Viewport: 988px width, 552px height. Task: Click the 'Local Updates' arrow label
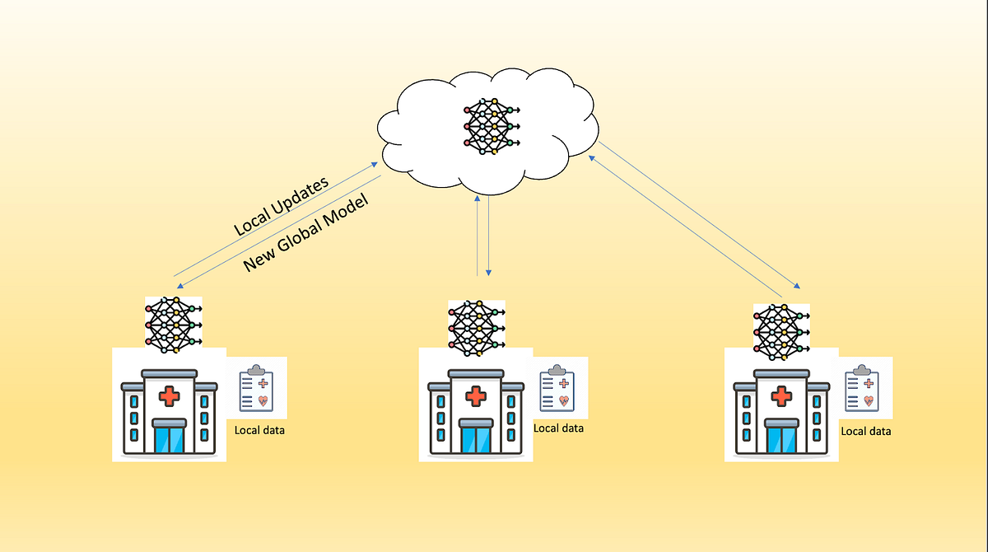click(x=281, y=206)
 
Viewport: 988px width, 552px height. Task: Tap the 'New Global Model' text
click(x=305, y=232)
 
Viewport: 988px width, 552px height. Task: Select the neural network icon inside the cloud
click(x=492, y=126)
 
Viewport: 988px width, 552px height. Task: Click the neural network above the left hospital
click(x=174, y=325)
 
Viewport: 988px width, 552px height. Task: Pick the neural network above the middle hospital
click(x=477, y=328)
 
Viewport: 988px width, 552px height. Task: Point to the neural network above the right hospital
click(x=781, y=332)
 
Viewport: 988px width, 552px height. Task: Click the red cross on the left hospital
click(x=170, y=395)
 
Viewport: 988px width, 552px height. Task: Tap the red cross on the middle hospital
click(x=476, y=395)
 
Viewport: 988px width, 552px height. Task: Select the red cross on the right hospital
click(x=781, y=395)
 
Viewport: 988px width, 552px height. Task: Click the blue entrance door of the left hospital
click(x=170, y=439)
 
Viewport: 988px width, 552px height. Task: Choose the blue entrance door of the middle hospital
click(x=476, y=439)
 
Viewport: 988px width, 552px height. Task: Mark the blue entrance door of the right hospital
click(x=781, y=439)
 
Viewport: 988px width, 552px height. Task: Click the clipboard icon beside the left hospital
click(x=256, y=388)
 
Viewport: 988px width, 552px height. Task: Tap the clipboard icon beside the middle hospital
click(x=557, y=388)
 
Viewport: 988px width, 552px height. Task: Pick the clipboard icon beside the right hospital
click(x=862, y=388)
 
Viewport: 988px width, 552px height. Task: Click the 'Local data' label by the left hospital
click(x=259, y=430)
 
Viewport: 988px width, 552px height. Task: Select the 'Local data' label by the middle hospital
click(x=558, y=428)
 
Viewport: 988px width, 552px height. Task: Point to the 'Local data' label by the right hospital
click(x=866, y=431)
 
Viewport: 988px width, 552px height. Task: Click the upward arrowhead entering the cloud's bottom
click(x=478, y=199)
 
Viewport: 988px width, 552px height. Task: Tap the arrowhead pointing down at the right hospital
click(x=797, y=286)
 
